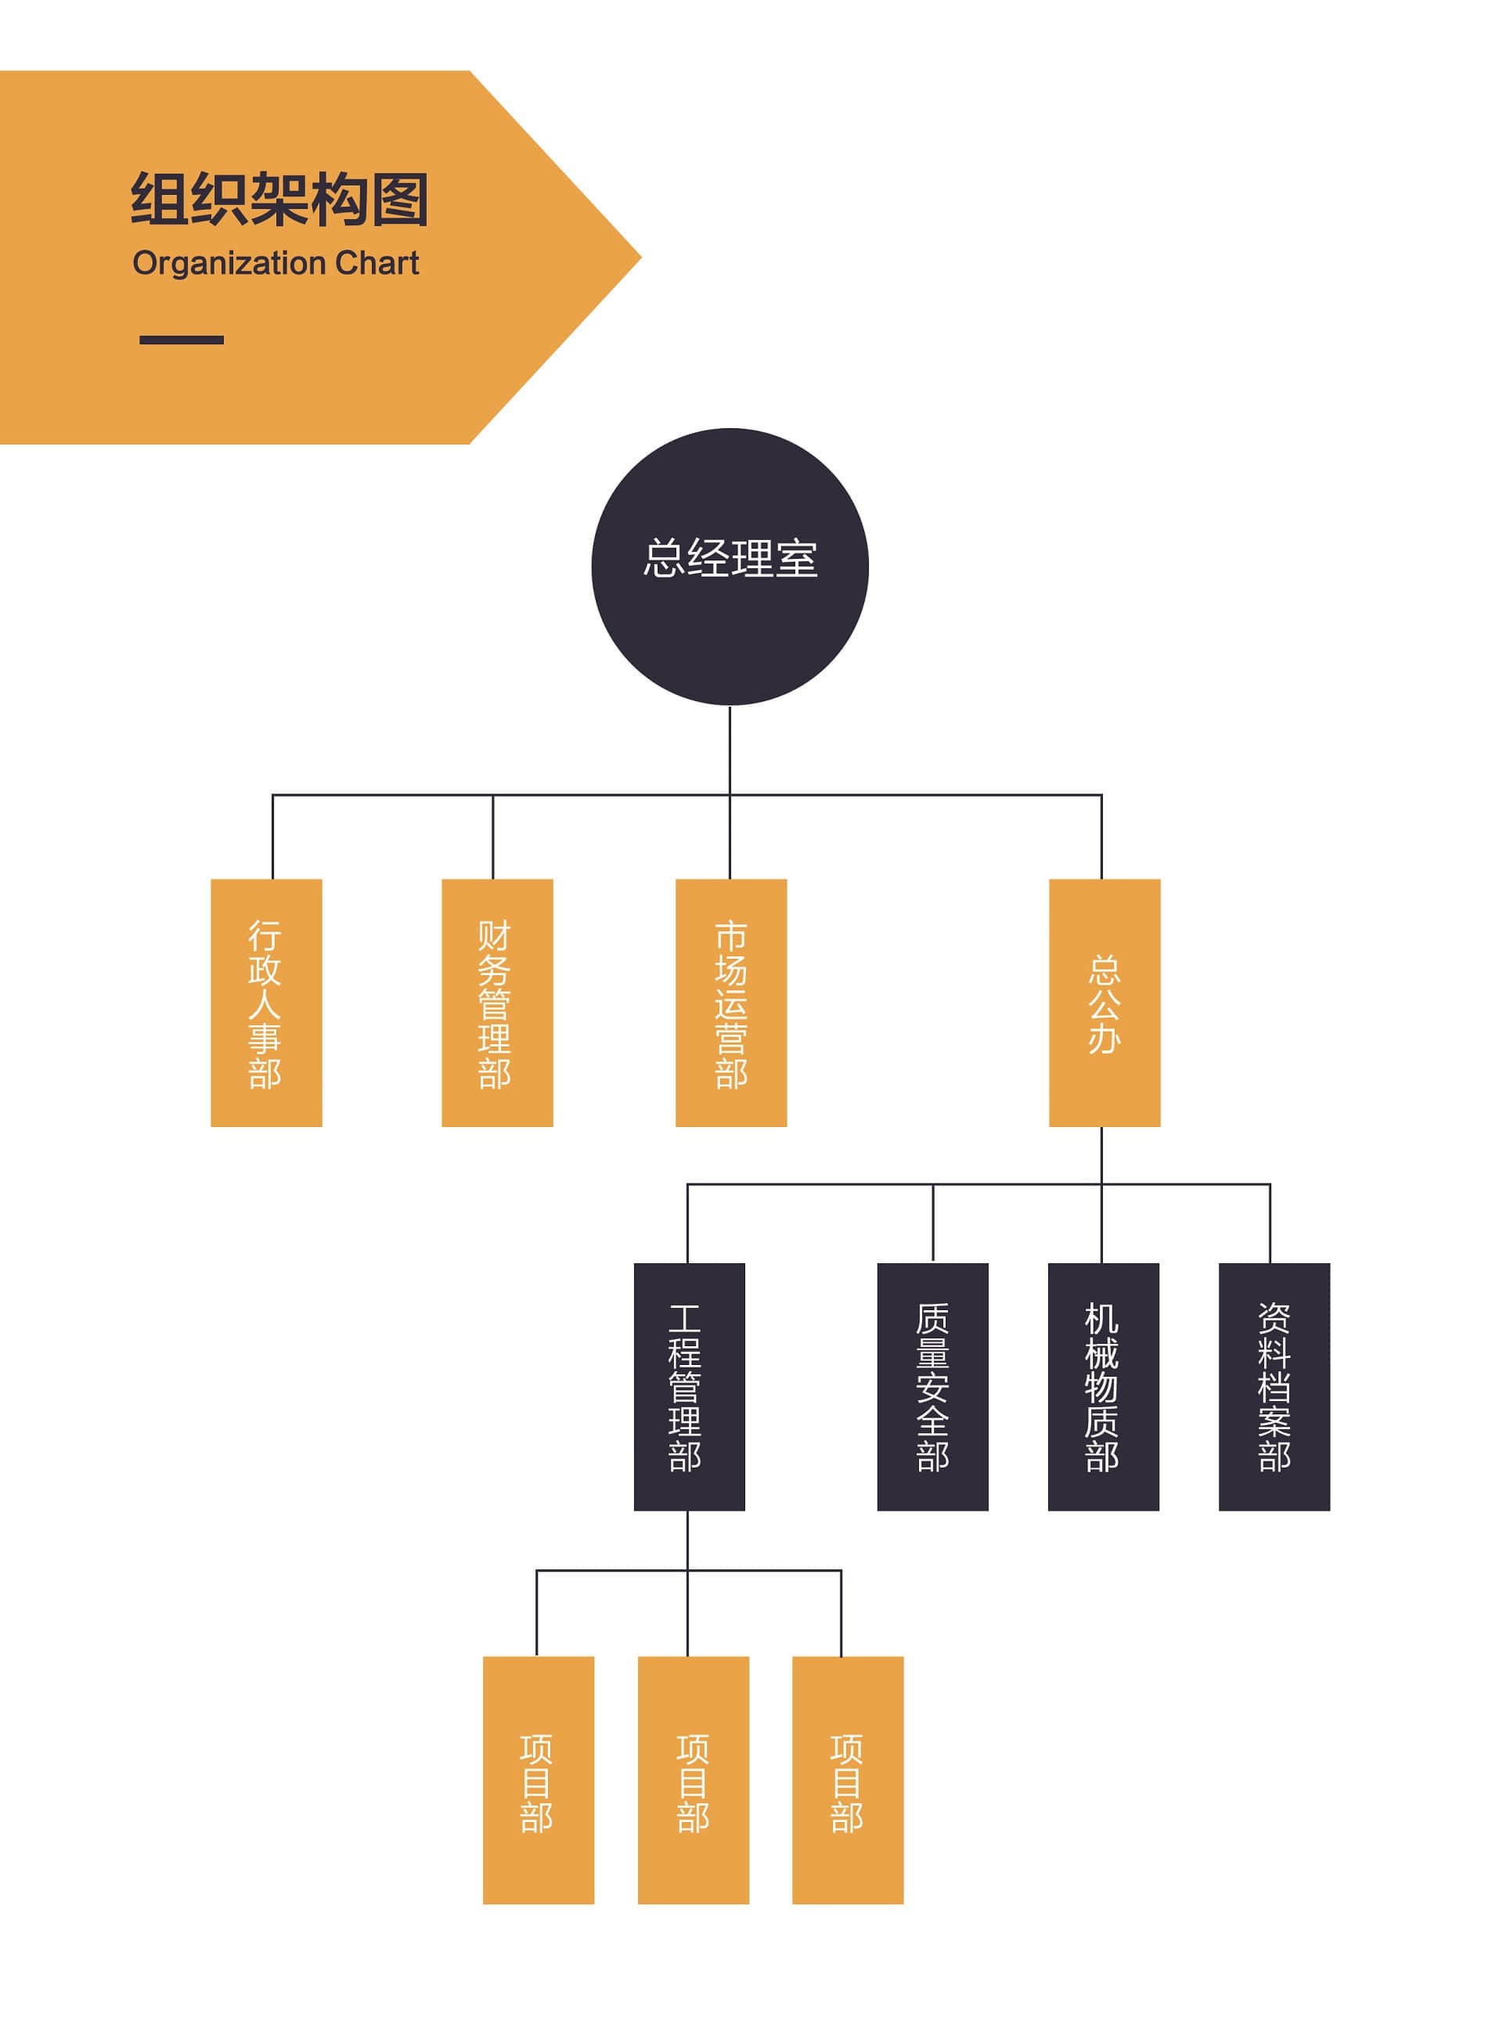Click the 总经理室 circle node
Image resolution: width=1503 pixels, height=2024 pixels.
coord(730,566)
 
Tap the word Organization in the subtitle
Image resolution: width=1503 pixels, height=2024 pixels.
coord(229,263)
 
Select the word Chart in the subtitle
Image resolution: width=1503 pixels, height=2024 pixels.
coord(377,263)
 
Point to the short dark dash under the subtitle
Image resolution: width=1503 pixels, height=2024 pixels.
coord(181,340)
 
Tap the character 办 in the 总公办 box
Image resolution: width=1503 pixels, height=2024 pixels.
coord(1104,1038)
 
